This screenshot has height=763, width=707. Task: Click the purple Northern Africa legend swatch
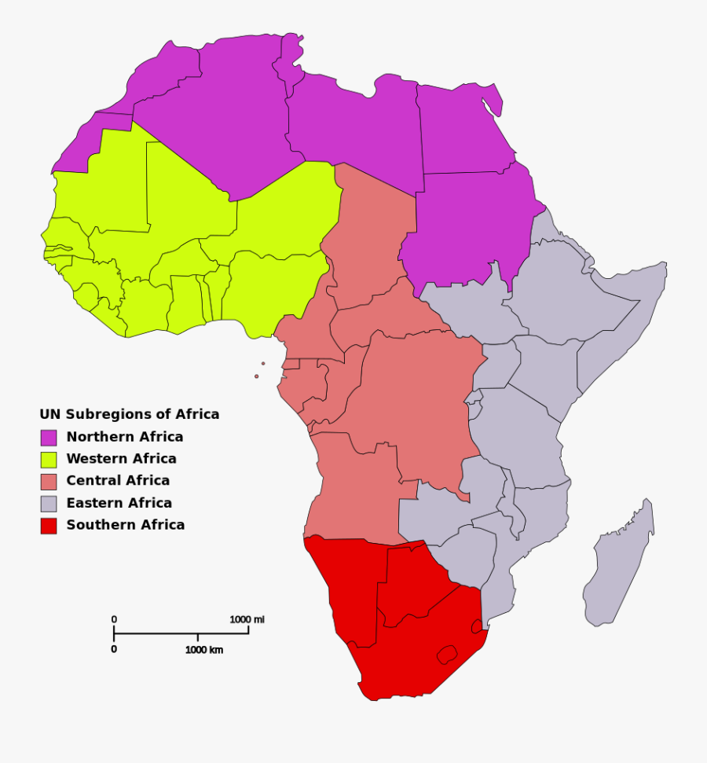49,438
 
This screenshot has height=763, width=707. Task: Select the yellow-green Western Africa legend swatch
49,460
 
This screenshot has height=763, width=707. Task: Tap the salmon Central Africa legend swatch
49,482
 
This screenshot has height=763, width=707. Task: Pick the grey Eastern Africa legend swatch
49,504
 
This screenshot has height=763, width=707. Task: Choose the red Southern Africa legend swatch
49,526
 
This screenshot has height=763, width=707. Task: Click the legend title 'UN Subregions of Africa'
130,414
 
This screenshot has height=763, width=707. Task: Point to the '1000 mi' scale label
247,619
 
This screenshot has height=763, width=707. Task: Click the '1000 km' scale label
204,650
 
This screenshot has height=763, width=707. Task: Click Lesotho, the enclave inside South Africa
446,654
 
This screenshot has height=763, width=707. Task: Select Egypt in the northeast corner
463,130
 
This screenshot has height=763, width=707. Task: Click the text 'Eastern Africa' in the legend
119,503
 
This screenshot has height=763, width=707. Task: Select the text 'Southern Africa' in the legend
125,525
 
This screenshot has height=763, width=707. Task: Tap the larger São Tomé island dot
256,376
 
